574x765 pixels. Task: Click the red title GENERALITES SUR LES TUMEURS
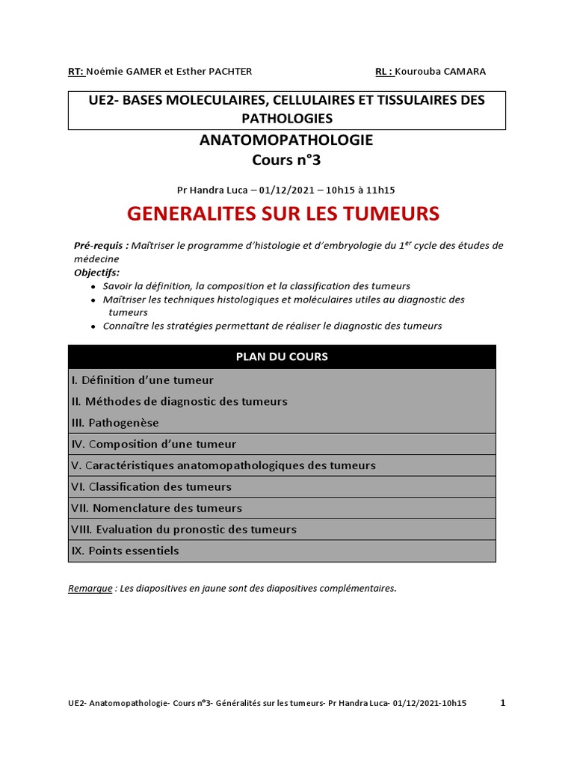pyautogui.click(x=283, y=214)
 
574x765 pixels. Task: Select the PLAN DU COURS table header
pyautogui.click(x=282, y=356)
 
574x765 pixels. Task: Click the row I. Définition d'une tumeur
pyautogui.click(x=143, y=380)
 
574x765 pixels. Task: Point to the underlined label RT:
pyautogui.click(x=75, y=72)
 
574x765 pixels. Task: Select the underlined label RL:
pyautogui.click(x=384, y=72)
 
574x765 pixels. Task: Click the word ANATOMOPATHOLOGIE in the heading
pyautogui.click(x=286, y=140)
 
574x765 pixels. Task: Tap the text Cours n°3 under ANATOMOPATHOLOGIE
pyautogui.click(x=286, y=160)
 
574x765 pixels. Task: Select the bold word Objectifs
pyautogui.click(x=96, y=272)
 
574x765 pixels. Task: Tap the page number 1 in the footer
pyautogui.click(x=502, y=703)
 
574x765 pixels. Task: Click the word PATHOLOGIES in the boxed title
pyautogui.click(x=287, y=118)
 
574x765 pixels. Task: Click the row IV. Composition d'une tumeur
pyautogui.click(x=154, y=444)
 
